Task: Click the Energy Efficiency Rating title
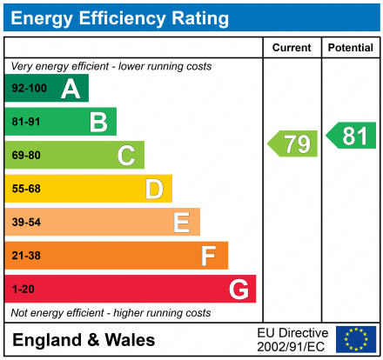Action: click(x=122, y=17)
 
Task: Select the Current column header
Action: click(x=292, y=48)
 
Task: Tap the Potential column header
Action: click(x=351, y=48)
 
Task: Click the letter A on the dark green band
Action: click(x=71, y=89)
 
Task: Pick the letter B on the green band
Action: click(x=98, y=122)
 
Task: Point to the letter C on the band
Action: click(x=126, y=156)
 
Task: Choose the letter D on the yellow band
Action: click(x=154, y=189)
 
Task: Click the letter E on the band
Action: click(x=181, y=223)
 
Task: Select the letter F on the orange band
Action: click(x=209, y=256)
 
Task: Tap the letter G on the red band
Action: click(x=238, y=289)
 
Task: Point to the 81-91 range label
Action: click(x=25, y=122)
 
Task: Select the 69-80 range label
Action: click(x=25, y=156)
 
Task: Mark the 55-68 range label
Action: click(x=25, y=189)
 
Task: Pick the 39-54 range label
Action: click(x=25, y=223)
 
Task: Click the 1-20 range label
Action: click(x=22, y=289)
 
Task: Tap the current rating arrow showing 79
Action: click(x=293, y=143)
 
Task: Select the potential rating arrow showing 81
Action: click(x=352, y=136)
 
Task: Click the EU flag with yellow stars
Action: click(x=356, y=339)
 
